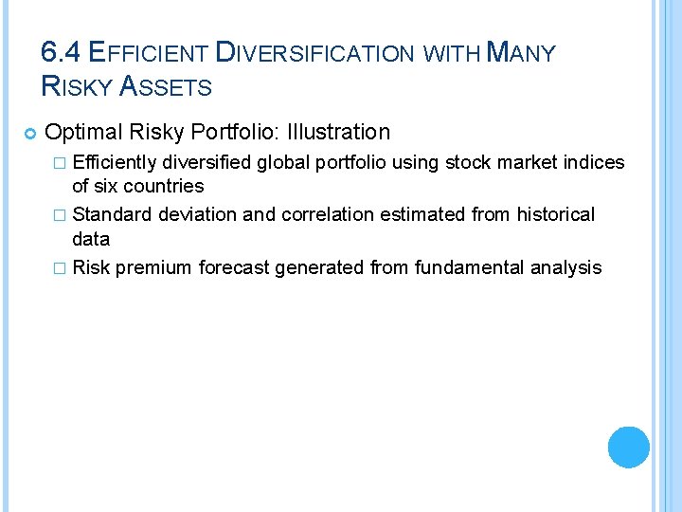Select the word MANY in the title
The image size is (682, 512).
(x=520, y=52)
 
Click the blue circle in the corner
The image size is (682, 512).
(x=629, y=447)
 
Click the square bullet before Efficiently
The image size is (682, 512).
(x=63, y=163)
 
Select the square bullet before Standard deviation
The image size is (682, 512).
(x=63, y=216)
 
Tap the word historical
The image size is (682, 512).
(x=556, y=215)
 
